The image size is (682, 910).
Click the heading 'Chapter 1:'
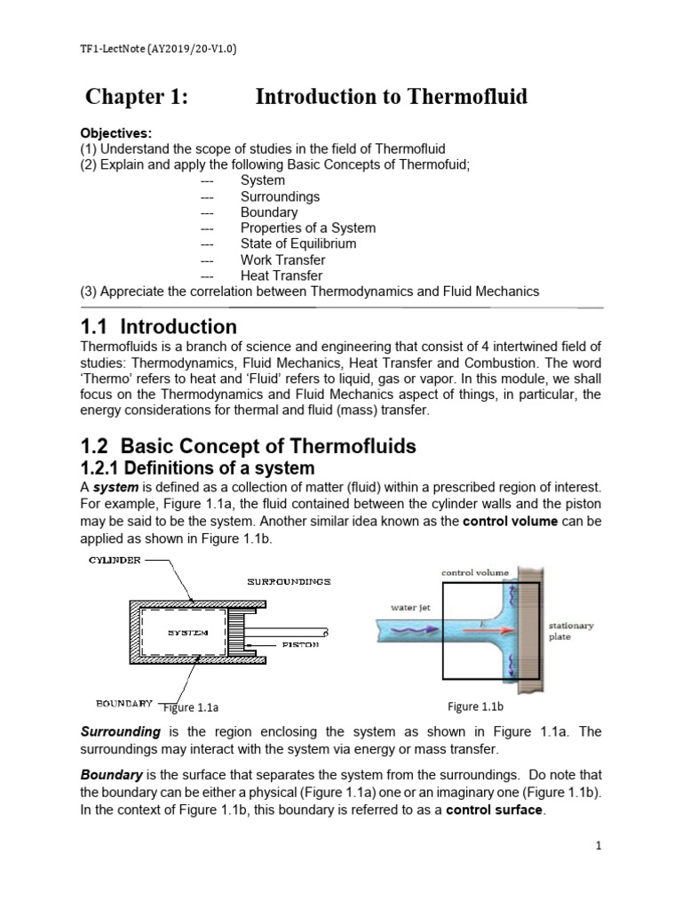click(x=136, y=97)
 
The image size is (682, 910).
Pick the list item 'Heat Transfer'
click(x=281, y=275)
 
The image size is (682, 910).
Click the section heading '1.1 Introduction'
click(x=159, y=326)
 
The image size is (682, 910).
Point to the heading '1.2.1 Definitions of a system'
click(x=197, y=467)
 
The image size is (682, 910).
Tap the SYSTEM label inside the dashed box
click(x=187, y=633)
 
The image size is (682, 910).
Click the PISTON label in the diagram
click(x=300, y=644)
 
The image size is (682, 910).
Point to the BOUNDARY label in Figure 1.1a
click(x=123, y=702)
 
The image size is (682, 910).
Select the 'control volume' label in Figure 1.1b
click(x=475, y=573)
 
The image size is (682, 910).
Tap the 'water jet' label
click(x=411, y=608)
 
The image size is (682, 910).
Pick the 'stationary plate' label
click(x=571, y=631)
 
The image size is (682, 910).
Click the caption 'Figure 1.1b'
click(x=475, y=706)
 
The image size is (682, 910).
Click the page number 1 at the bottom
click(x=599, y=845)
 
